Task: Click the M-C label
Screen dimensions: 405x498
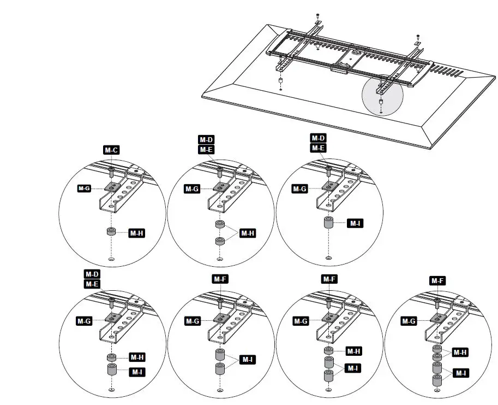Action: (111, 150)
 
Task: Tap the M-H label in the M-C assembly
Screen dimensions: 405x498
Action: (136, 233)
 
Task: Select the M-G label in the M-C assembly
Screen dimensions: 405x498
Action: (84, 189)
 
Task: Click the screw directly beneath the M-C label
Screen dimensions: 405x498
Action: (111, 172)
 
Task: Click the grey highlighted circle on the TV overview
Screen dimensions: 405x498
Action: (382, 95)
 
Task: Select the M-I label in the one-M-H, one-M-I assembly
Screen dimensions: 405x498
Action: (136, 372)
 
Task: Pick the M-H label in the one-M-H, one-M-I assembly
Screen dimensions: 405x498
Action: (136, 357)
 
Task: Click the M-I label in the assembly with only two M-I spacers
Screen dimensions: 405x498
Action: (247, 360)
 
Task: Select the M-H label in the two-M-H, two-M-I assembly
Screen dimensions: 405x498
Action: (461, 353)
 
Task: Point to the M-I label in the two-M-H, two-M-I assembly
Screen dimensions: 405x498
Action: (461, 373)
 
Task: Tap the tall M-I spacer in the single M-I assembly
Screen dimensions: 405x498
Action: (328, 224)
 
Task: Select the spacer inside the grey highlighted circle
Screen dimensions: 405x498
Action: (380, 102)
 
